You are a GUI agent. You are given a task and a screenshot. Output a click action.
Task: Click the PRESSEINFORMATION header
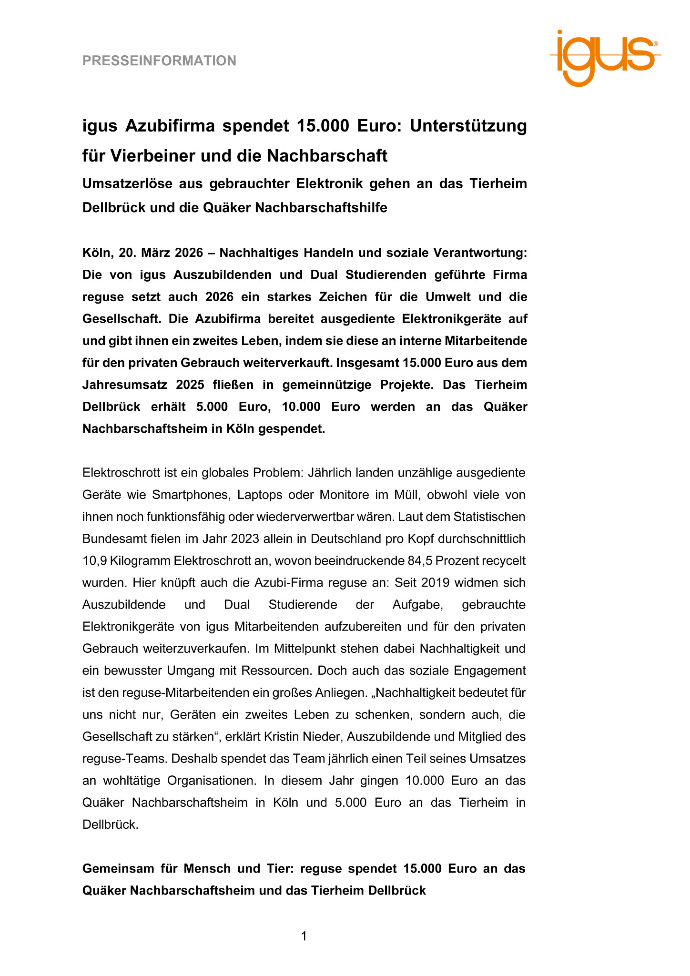tap(159, 61)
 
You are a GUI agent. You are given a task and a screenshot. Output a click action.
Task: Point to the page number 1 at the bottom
tap(304, 936)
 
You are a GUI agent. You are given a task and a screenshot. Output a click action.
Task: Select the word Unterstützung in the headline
tap(468, 126)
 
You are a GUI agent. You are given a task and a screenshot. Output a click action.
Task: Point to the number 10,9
tap(94, 560)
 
